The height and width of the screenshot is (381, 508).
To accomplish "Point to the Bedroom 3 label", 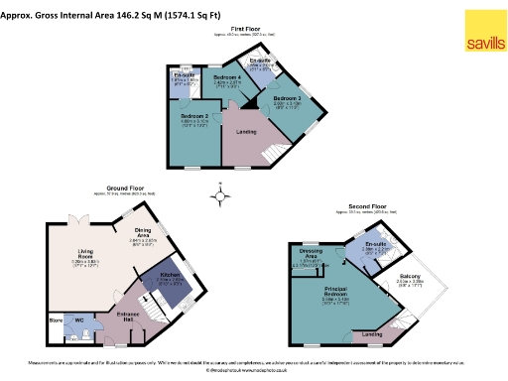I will [287, 98].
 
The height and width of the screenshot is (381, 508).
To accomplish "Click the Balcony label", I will [410, 276].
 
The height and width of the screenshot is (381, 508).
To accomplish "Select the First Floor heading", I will [233, 29].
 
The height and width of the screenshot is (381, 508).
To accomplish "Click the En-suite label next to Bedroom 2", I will [185, 75].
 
